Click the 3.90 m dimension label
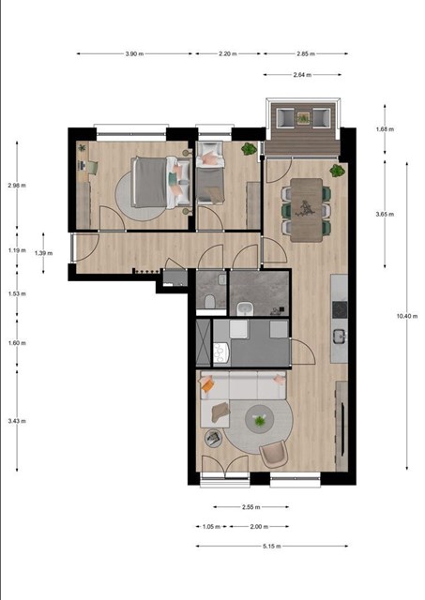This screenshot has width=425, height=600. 134,54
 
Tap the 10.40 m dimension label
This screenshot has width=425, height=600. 407,316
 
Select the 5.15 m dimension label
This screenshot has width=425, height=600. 272,546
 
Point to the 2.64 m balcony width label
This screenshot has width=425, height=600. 302,75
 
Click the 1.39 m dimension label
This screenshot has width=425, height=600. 44,253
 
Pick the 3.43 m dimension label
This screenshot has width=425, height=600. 17,421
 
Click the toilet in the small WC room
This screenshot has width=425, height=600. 210,302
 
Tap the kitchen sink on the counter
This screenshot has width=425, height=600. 340,337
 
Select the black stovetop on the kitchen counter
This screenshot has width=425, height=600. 340,308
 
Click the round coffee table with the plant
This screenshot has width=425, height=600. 260,419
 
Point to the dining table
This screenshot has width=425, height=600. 306,210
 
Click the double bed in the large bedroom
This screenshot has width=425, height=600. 160,182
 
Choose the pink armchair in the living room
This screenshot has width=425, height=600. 273,454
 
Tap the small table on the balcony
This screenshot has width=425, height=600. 303,118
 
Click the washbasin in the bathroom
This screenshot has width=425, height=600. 244,308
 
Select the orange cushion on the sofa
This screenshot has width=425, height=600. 206,384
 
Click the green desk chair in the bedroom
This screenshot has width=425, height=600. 92,168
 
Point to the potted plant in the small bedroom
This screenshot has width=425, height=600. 249,148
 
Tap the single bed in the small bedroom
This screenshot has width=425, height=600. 210,172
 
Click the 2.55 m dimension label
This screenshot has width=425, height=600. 251,507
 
